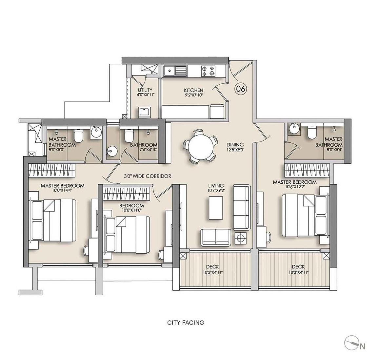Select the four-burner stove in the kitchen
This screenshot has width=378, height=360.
208,71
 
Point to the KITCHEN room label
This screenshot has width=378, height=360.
193,90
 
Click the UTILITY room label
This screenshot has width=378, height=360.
145,90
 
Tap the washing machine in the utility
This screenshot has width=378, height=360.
145,112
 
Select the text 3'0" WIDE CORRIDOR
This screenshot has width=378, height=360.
148,176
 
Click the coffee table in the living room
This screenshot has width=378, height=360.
216,207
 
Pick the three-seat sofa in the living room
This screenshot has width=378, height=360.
242,207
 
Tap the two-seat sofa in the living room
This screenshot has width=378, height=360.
216,237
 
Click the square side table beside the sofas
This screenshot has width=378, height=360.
240,238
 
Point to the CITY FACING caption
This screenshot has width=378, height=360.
186,323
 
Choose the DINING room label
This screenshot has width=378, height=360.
235,144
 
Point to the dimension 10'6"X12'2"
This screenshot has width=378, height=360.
295,186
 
